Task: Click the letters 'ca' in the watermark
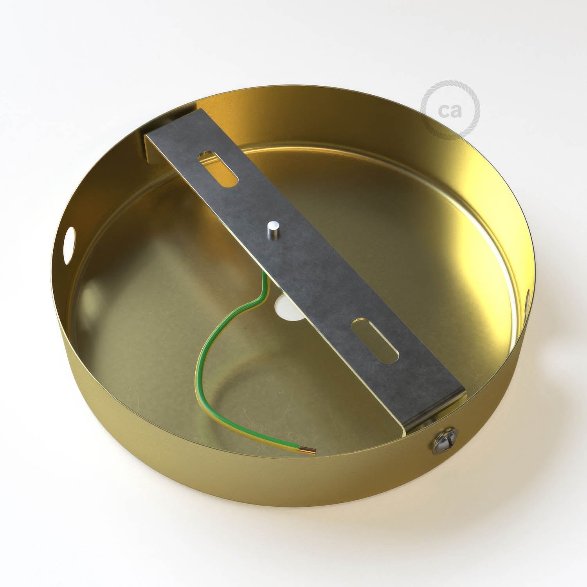450,110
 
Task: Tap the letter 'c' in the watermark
444,111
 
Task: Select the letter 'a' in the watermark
456,111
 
